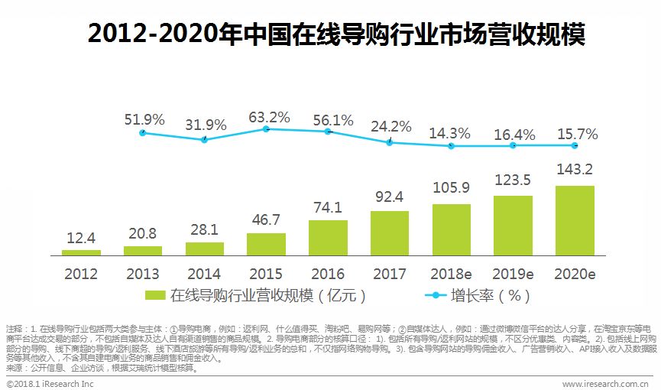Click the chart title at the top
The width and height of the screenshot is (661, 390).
[x=330, y=34]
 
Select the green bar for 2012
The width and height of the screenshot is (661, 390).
[x=81, y=252]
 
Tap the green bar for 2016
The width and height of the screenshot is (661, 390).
[x=328, y=237]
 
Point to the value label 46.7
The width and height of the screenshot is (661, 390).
[x=266, y=219]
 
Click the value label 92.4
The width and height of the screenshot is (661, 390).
[x=390, y=197]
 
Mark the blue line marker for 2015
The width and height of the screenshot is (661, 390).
[x=266, y=129]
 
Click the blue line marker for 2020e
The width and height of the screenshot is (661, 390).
[x=575, y=145]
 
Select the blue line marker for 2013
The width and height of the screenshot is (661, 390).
[x=142, y=133]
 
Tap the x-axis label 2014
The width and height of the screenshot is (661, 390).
[x=204, y=273]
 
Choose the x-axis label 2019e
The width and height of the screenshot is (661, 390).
[x=513, y=273]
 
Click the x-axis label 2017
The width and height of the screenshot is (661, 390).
[x=390, y=273]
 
